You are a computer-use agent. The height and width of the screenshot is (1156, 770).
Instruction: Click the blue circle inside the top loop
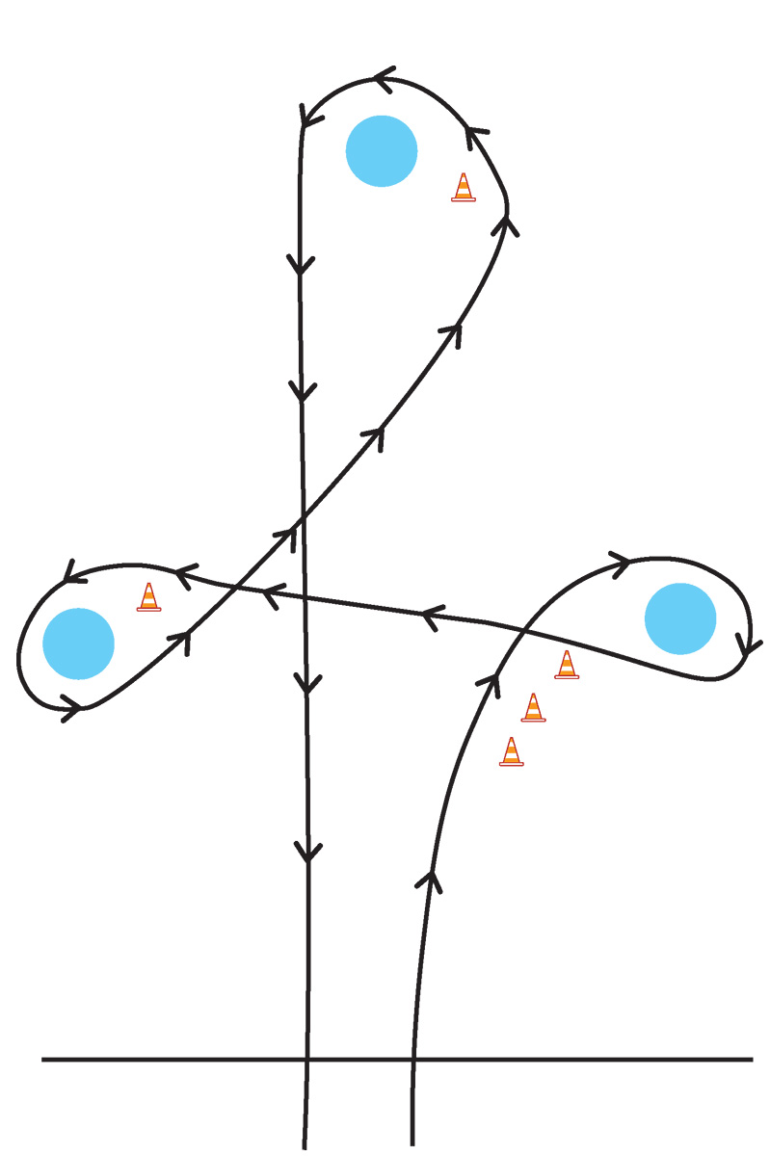pos(382,151)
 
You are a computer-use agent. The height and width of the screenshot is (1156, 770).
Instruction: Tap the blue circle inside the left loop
pos(79,644)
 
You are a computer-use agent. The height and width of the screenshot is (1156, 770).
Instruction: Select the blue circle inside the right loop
pos(680,618)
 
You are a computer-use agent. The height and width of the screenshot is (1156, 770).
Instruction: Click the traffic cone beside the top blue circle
pos(464,187)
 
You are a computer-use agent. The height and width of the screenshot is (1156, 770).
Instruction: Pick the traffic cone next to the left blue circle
pos(148,597)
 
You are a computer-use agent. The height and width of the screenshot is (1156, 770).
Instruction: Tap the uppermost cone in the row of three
pos(567,665)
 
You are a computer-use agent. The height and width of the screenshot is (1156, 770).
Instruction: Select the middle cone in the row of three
pos(533,708)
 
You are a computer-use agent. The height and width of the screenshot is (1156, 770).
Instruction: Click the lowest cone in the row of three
pos(512,752)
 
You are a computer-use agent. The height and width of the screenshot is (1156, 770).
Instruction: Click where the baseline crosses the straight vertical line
pos(307,1060)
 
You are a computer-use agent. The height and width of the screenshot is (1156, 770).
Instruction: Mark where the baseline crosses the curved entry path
pos(413,1060)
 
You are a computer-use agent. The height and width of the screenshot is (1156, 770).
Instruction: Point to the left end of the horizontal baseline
pos(43,1060)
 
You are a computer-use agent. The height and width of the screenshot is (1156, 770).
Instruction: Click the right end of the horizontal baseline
pos(751,1060)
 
